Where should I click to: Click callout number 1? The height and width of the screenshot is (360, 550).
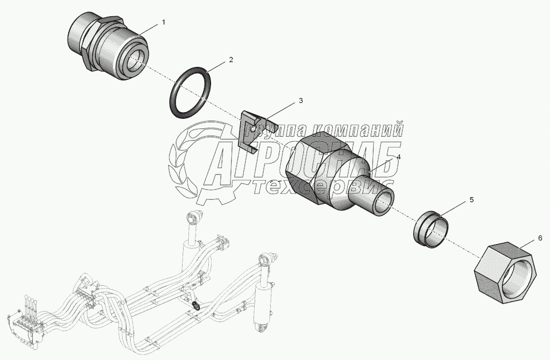[x=164, y=22]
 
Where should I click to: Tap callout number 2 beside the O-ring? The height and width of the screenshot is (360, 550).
[x=231, y=59]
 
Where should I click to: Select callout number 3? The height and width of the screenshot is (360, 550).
[x=300, y=100]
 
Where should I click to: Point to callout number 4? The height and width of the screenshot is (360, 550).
[x=399, y=157]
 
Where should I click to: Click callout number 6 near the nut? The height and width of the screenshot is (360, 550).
[x=539, y=238]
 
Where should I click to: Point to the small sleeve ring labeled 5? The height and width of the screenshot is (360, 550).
[x=433, y=228]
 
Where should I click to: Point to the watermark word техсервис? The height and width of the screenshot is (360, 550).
[x=324, y=187]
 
